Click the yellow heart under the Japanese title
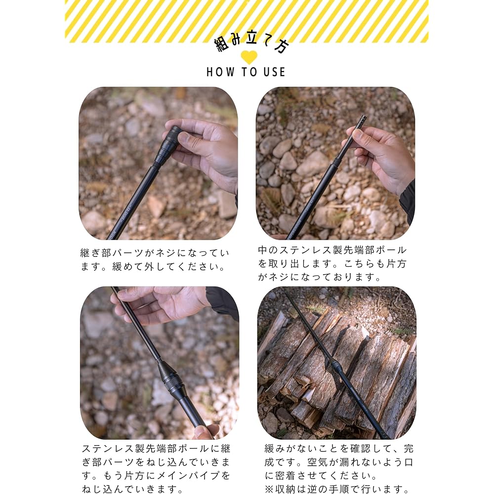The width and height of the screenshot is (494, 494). click(249, 57)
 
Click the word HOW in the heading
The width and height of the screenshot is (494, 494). click(220, 72)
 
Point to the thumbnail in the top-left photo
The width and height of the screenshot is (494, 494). click(183, 138)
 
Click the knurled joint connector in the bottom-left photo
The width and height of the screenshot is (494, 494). click(170, 378)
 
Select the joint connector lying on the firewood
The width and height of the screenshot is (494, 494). click(337, 366)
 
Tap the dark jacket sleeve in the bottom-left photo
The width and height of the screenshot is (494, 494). click(222, 302)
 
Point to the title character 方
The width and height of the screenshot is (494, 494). click(281, 46)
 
